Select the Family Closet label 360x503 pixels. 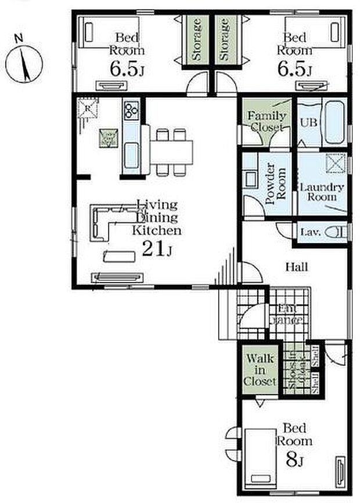[267, 121]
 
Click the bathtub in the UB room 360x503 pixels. [334, 122]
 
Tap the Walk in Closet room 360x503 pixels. [258, 370]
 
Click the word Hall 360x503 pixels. [296, 267]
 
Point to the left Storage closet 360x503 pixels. [197, 39]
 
